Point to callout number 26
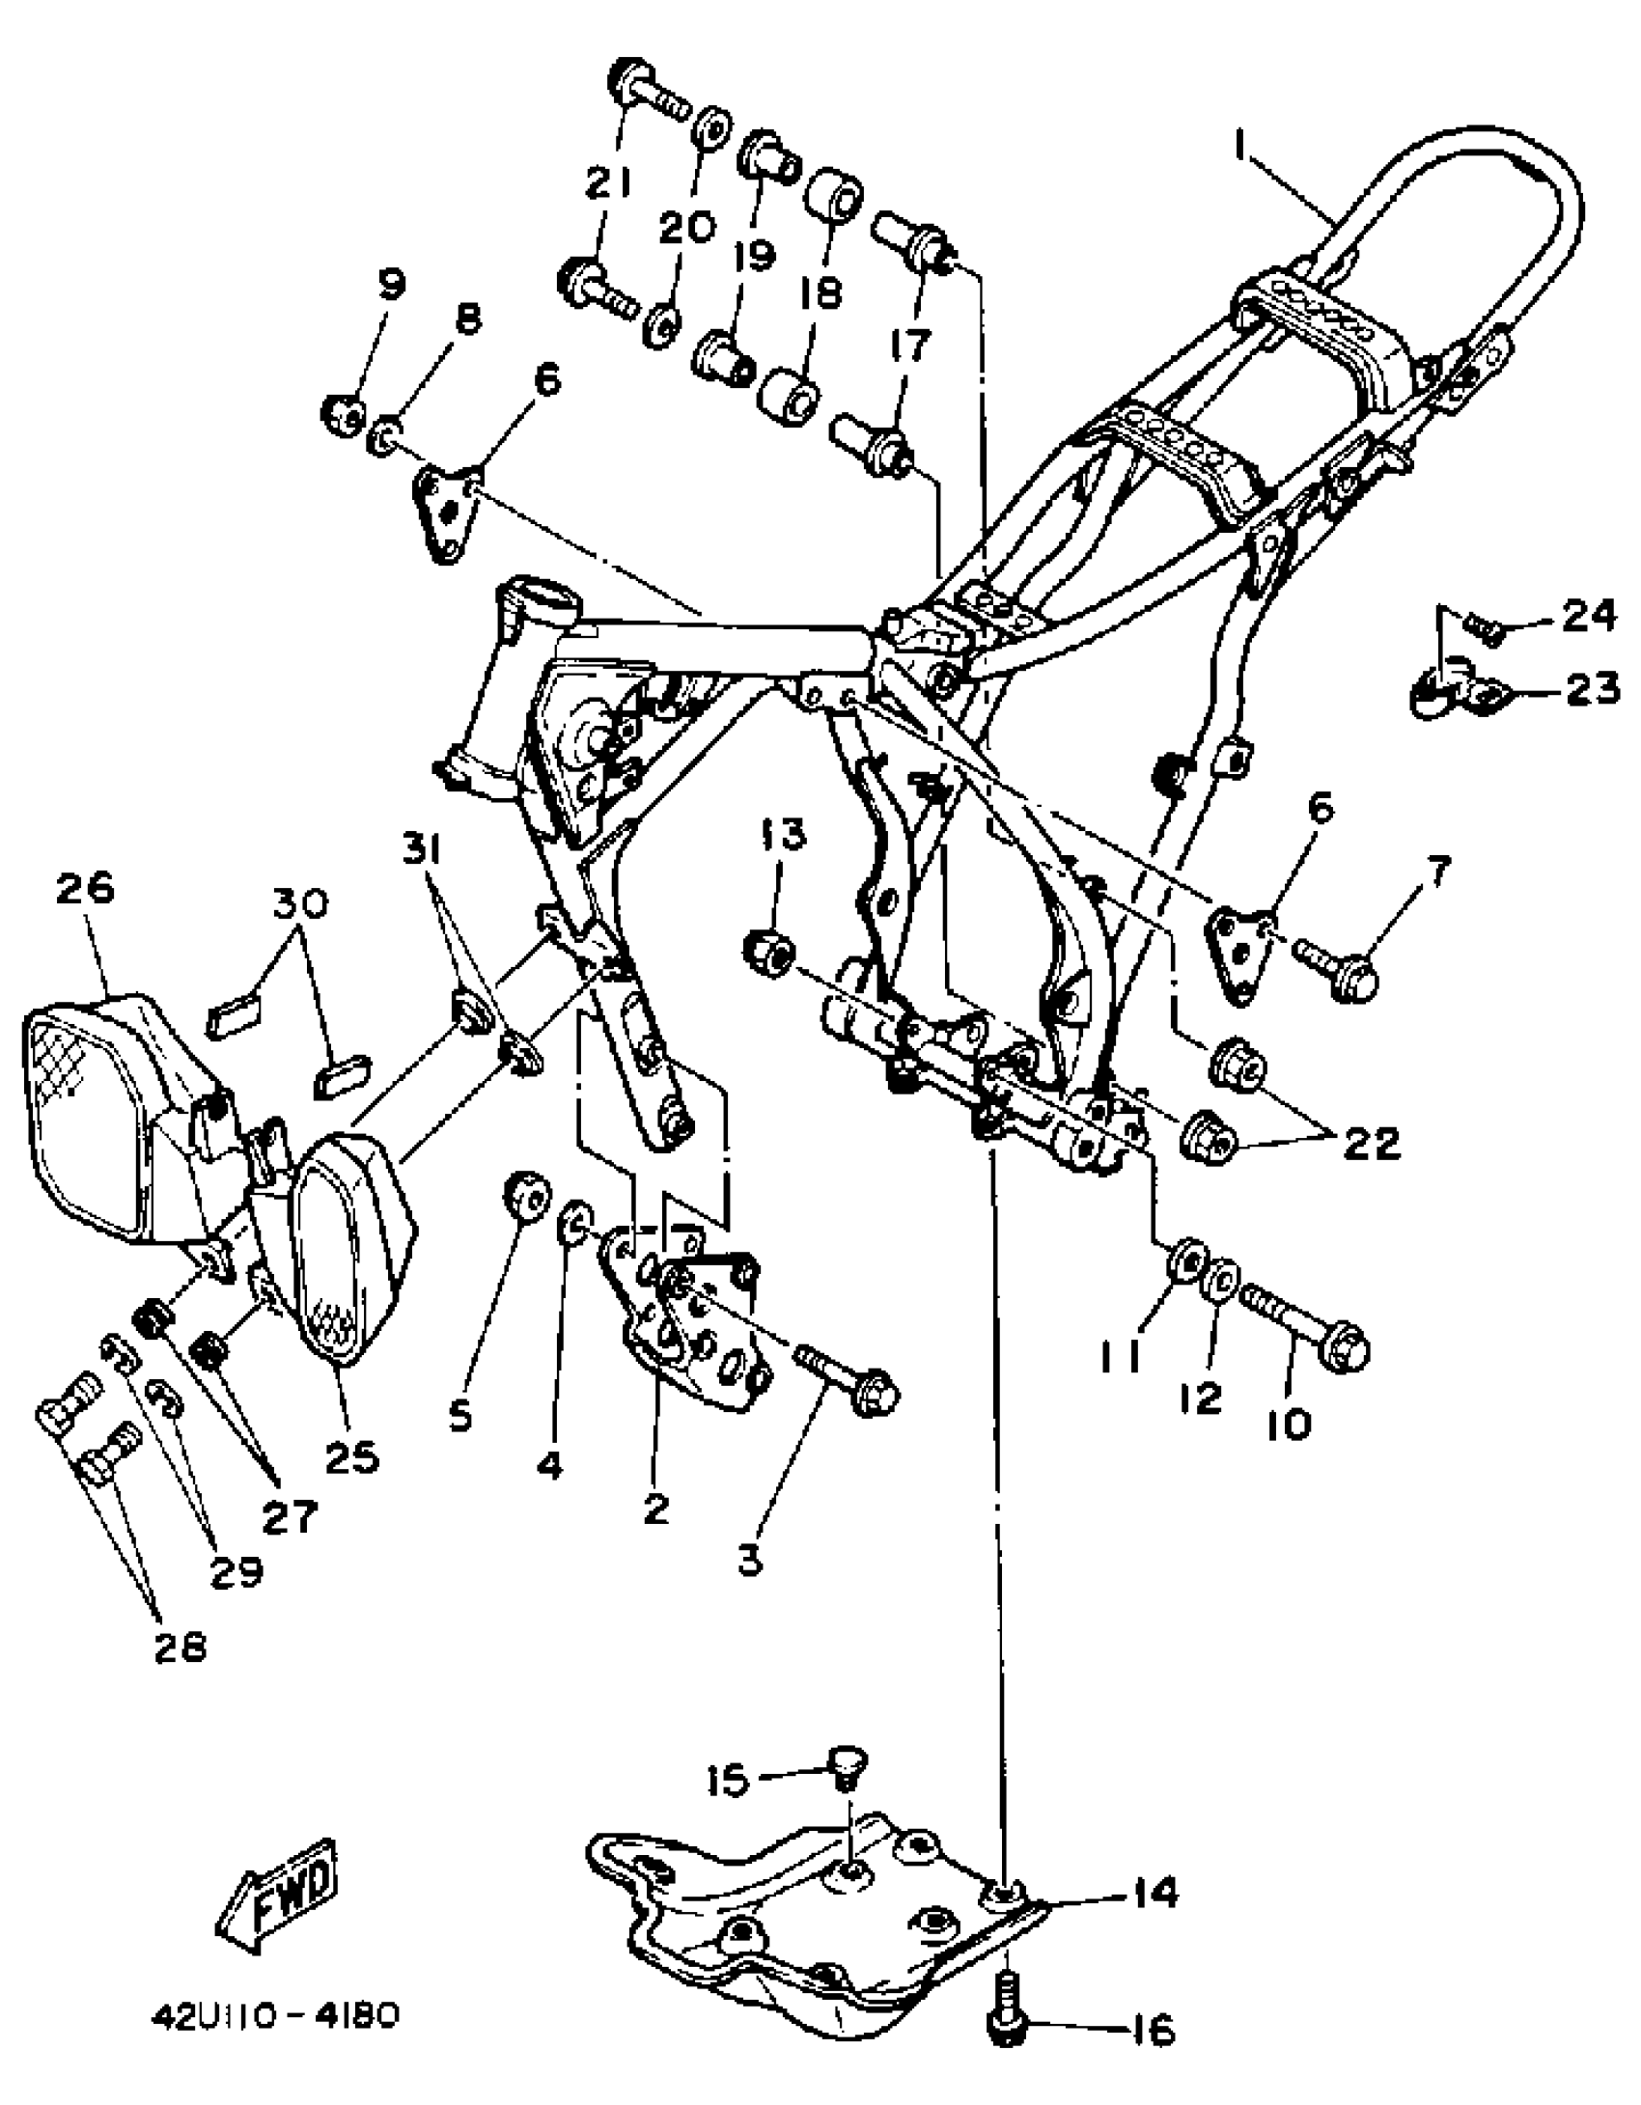(x=84, y=889)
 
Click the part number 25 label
(x=351, y=1457)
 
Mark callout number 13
(x=783, y=834)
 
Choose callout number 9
(x=391, y=284)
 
